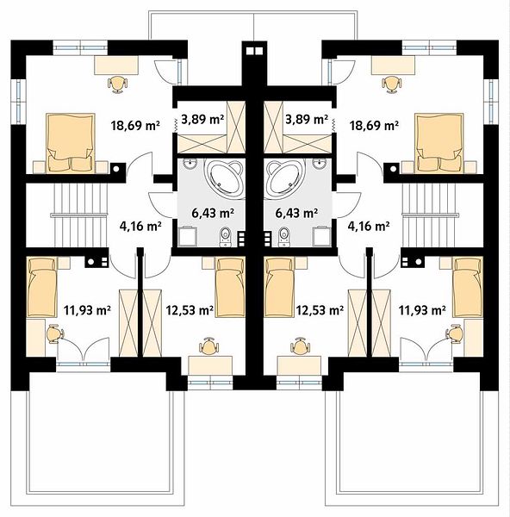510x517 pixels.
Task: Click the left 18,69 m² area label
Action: (135, 126)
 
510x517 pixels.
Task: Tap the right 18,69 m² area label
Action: (374, 126)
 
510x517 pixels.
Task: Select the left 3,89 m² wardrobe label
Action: (202, 119)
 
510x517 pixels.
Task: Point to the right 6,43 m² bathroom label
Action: (296, 213)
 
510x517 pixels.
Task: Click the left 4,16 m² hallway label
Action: (140, 226)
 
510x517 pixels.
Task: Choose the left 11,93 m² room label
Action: (87, 310)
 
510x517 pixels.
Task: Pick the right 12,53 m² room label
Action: (320, 310)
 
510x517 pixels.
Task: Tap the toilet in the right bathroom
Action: (283, 237)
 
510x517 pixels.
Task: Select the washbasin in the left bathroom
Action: (190, 164)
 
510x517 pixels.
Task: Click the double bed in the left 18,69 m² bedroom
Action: (71, 143)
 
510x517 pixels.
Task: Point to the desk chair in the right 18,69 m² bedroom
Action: (391, 84)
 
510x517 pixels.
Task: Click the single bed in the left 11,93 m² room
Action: (41, 288)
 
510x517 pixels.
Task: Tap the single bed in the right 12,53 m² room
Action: (279, 288)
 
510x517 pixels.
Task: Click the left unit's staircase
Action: (79, 215)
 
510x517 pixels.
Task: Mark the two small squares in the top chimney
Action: (254, 51)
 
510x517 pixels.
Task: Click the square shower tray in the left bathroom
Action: (186, 237)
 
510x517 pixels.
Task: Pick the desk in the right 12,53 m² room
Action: (299, 365)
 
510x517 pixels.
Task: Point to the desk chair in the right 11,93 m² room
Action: (455, 334)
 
